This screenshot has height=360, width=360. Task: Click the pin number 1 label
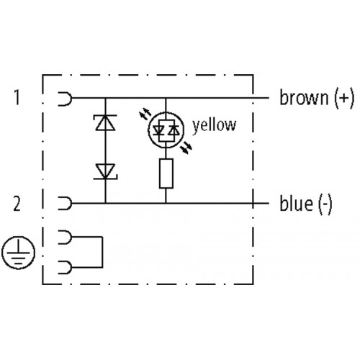(17, 97)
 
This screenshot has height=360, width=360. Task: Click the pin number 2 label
(17, 204)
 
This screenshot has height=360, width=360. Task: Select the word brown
(304, 98)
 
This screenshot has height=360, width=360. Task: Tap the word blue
(296, 204)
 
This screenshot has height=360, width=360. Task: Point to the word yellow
(215, 125)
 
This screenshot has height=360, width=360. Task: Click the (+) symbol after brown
(344, 98)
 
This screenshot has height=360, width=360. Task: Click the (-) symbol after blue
(325, 204)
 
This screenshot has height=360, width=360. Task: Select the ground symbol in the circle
(18, 253)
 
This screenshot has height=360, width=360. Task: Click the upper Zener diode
(105, 122)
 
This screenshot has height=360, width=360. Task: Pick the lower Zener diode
(105, 171)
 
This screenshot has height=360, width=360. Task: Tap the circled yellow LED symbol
(166, 130)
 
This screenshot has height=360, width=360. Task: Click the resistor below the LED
(166, 174)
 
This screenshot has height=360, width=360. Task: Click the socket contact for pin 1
(65, 99)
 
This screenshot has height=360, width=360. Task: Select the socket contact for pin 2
(65, 204)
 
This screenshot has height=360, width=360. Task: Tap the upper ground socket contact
(65, 237)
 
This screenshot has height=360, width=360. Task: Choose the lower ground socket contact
(65, 267)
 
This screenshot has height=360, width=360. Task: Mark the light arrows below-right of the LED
(186, 148)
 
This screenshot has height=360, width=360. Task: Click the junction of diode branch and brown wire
(105, 98)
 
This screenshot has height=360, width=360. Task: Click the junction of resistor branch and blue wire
(166, 203)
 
